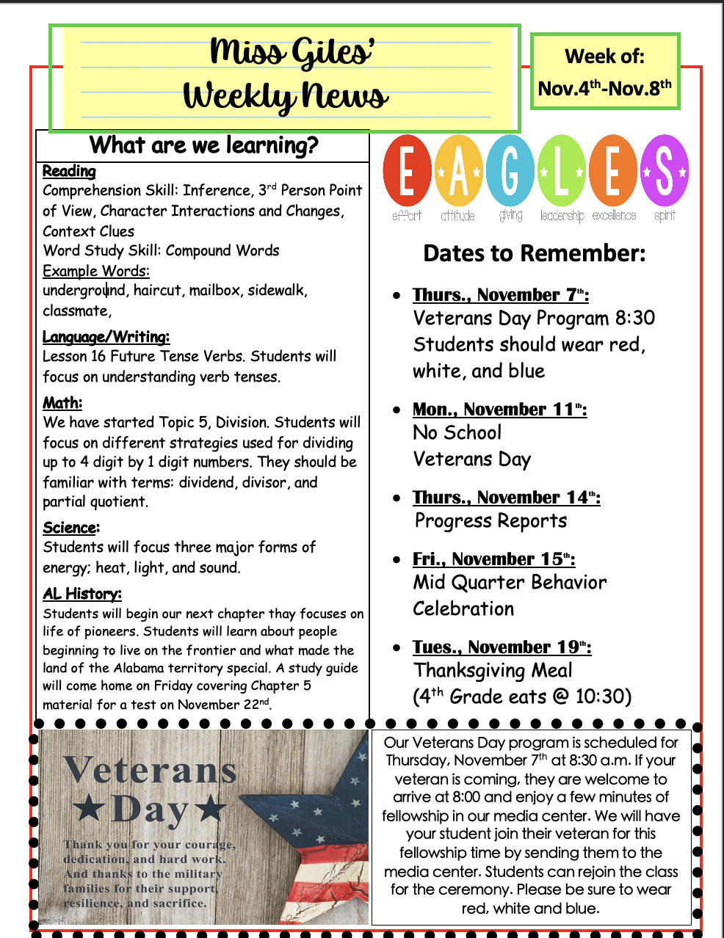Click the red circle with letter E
(x=406, y=171)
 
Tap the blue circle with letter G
(x=510, y=171)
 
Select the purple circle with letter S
(x=665, y=171)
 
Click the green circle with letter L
(x=561, y=171)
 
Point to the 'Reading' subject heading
(x=69, y=171)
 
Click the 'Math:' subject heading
(x=62, y=403)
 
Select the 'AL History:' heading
(x=82, y=594)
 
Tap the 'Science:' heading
(x=71, y=528)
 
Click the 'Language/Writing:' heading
(x=106, y=337)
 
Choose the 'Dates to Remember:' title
(x=535, y=253)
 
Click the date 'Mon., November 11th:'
(x=499, y=410)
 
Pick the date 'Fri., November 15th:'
(x=493, y=559)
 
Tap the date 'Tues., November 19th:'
(x=502, y=647)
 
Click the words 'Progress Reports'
(x=490, y=521)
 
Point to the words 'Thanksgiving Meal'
(x=493, y=671)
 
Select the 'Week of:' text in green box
(x=604, y=57)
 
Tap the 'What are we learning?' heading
(x=203, y=145)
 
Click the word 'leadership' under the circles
(x=562, y=216)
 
